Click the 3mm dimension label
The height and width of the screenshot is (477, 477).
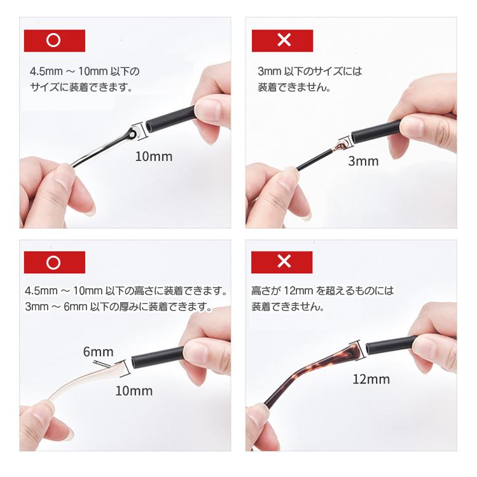[363, 161]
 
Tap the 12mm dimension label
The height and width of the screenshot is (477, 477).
[371, 380]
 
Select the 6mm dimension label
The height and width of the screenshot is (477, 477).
[98, 352]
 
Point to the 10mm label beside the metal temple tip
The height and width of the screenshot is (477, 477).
[153, 156]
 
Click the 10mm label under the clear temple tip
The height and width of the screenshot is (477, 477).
[134, 391]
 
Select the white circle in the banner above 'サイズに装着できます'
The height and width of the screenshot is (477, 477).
[54, 41]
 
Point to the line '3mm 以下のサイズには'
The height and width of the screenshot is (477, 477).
[310, 71]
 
